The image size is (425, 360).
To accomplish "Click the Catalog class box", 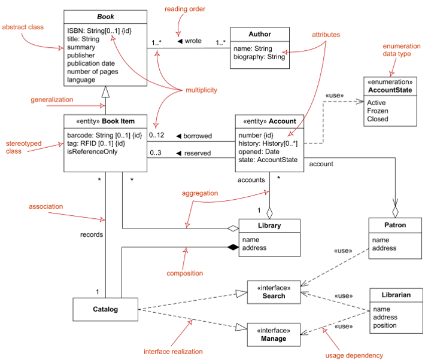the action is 105,309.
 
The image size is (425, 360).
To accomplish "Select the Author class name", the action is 260,34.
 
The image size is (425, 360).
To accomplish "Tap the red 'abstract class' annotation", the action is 23,27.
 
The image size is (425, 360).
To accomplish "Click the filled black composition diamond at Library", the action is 233,247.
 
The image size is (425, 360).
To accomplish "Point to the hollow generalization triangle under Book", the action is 105,92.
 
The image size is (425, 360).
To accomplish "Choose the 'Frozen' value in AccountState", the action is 378,111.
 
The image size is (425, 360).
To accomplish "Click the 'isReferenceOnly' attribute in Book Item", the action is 92,151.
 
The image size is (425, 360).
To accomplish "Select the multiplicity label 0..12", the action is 156,135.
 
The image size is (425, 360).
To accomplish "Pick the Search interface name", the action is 274,296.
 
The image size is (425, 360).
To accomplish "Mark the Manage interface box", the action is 274,334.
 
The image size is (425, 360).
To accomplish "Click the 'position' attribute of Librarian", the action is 385,325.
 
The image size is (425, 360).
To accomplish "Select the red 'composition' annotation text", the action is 184,273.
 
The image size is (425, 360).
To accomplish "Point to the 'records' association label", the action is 92,234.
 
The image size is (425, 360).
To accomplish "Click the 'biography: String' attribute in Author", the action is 259,57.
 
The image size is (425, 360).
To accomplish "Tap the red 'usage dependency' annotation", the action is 354,355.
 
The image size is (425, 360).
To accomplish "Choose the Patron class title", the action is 395,225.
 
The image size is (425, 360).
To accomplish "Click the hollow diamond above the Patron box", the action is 396,212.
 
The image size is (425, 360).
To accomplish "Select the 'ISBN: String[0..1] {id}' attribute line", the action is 99,30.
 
